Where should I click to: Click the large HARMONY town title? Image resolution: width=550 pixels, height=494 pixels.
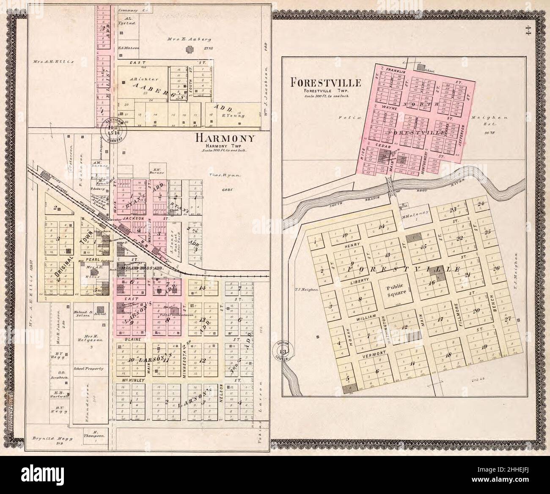coord(225,138)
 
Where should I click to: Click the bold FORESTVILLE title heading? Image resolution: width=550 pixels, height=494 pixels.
coord(325,82)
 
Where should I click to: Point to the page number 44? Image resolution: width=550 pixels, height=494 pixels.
coord(527,32)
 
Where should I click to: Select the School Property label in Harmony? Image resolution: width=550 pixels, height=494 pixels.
coord(88,368)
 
